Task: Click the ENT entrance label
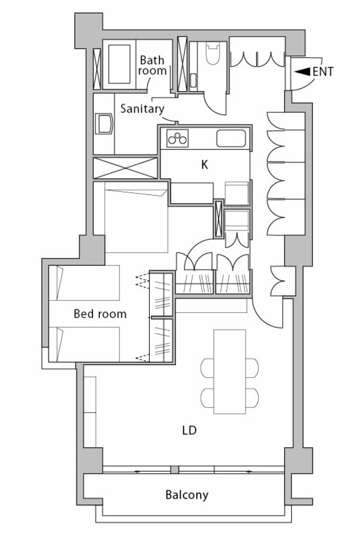tap(323, 72)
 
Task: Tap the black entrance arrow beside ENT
tap(302, 72)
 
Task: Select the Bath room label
tap(152, 65)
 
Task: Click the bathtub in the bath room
tap(119, 64)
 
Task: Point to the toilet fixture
tap(213, 53)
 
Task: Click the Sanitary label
tap(142, 109)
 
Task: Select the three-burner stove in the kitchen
tap(177, 138)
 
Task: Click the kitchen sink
tap(231, 138)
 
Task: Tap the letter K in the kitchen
tap(205, 165)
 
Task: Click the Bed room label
tap(100, 314)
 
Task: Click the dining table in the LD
tap(230, 371)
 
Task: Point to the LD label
tap(190, 430)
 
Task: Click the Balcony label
tap(187, 495)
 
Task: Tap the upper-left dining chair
tap(208, 367)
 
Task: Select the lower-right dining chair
tap(252, 398)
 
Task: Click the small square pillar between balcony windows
tap(175, 470)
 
